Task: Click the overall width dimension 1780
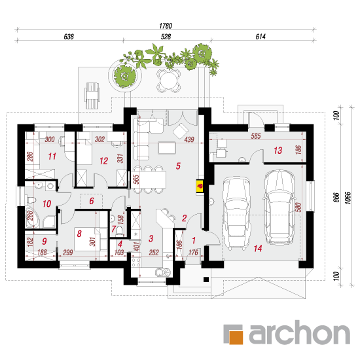(166, 26)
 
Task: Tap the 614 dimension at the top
(261, 37)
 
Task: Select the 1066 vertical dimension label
(348, 198)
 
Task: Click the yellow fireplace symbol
(200, 186)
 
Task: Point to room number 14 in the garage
(258, 248)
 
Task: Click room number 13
(278, 151)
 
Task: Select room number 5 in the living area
(178, 166)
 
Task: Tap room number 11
(52, 156)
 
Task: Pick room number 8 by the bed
(79, 234)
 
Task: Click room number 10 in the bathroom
(46, 204)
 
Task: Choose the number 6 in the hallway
(92, 201)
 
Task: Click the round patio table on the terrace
(168, 81)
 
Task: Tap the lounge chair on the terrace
(92, 96)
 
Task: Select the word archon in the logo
(300, 333)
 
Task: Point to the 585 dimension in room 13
(255, 136)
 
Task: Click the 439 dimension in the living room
(189, 139)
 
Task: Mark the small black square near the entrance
(206, 279)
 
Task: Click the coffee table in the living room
(167, 148)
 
